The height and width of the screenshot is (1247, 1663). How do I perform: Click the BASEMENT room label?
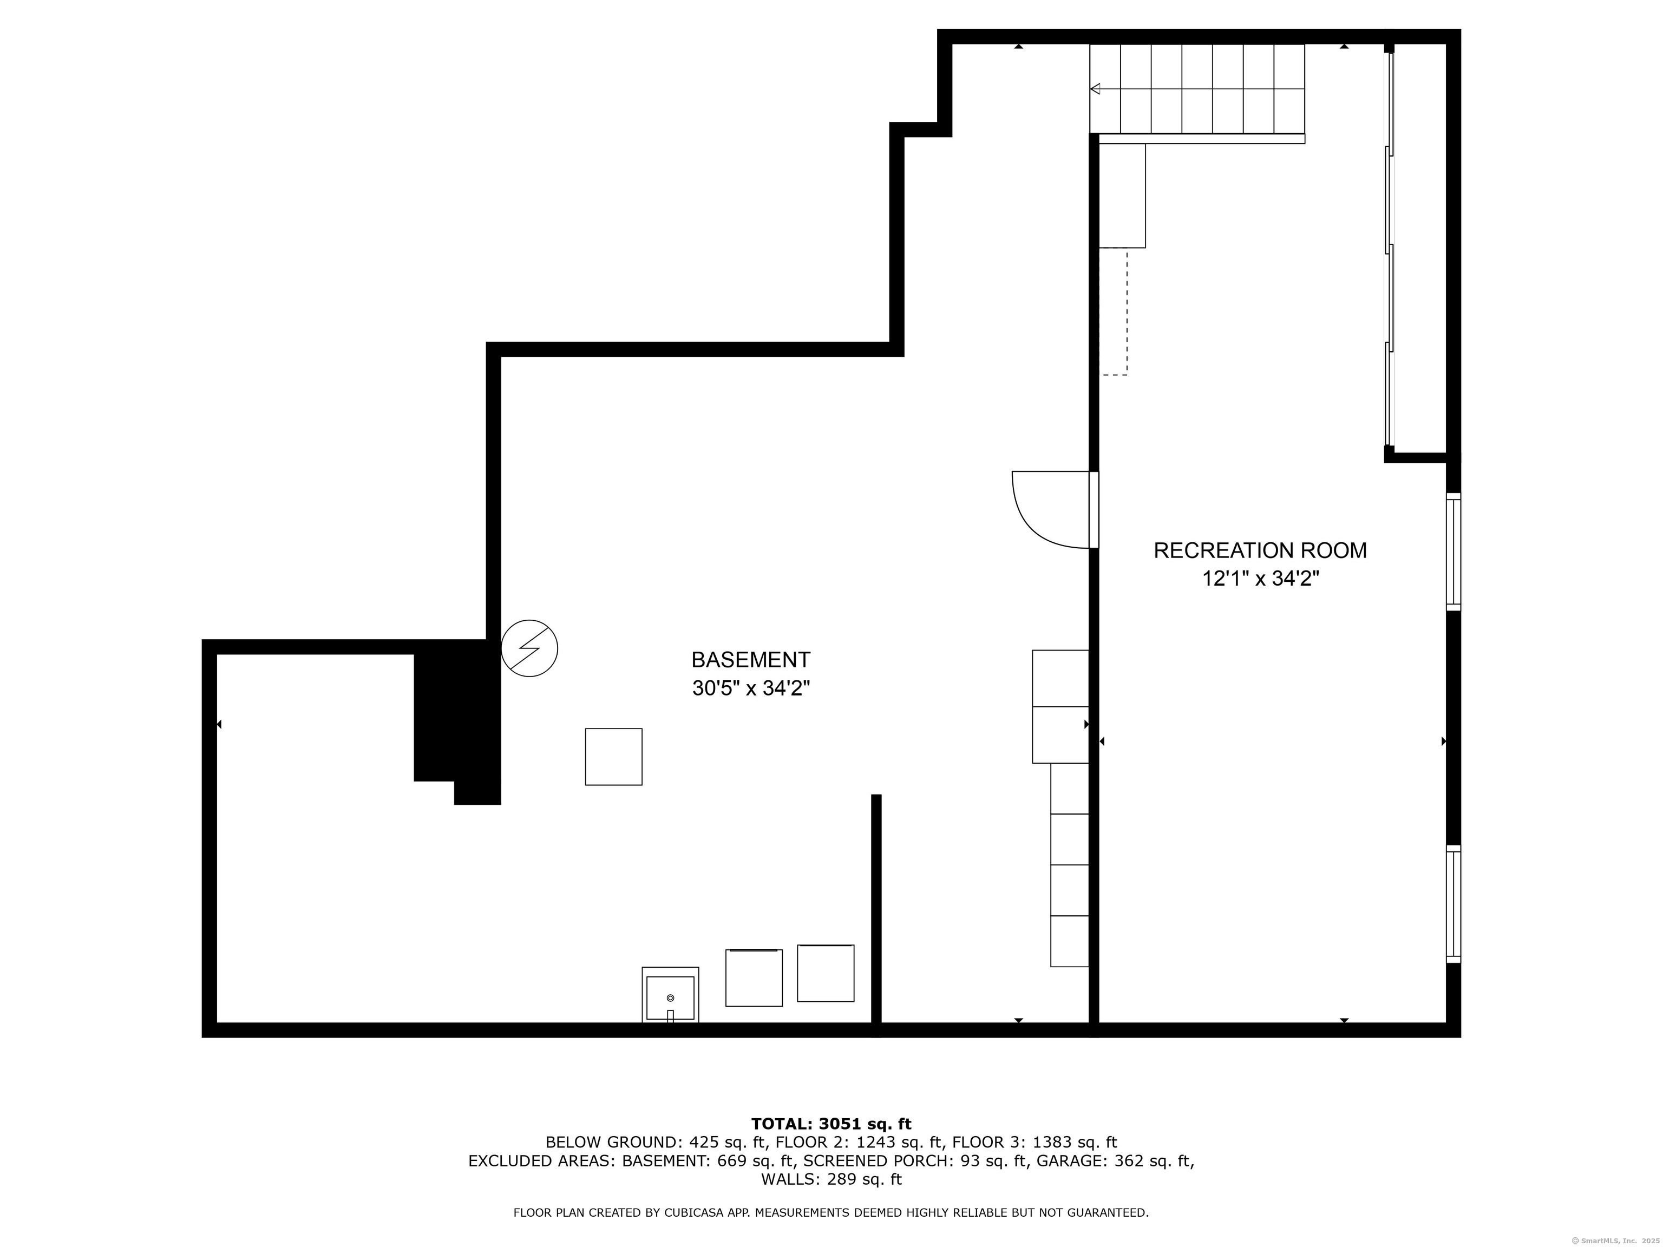(750, 660)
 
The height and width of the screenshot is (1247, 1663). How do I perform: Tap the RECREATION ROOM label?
(1260, 550)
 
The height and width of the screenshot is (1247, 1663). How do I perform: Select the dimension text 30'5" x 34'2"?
(750, 688)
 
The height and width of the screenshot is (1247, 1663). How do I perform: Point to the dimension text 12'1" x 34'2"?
(1260, 579)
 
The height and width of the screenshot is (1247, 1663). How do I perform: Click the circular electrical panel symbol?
(529, 648)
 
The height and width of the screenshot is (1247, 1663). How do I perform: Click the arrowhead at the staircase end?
(1095, 89)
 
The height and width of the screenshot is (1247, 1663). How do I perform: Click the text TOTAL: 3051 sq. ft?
(831, 1124)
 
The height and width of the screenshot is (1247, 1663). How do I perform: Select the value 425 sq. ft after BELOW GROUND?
(723, 1143)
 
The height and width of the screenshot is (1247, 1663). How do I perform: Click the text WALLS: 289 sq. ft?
(831, 1179)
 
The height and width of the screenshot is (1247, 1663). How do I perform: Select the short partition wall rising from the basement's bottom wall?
(876, 909)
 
